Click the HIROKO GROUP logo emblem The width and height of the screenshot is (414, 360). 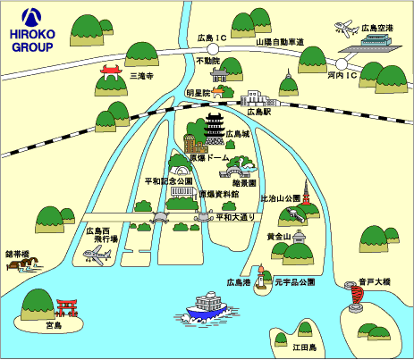31,17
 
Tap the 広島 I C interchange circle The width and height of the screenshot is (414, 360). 213,48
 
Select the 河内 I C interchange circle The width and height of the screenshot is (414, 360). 342,64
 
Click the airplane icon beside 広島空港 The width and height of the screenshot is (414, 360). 347,29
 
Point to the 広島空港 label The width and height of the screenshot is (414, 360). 377,29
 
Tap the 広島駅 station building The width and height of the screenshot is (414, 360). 260,98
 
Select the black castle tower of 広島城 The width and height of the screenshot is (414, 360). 215,129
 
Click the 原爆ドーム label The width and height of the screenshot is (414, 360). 209,157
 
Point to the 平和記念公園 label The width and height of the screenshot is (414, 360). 168,181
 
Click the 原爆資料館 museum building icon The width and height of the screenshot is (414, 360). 183,193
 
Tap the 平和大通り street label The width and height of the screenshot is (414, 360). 235,217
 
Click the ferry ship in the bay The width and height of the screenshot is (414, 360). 207,308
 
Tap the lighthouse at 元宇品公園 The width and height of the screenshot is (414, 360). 261,276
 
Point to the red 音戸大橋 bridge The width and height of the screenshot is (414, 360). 357,296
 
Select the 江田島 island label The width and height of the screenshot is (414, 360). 304,347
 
